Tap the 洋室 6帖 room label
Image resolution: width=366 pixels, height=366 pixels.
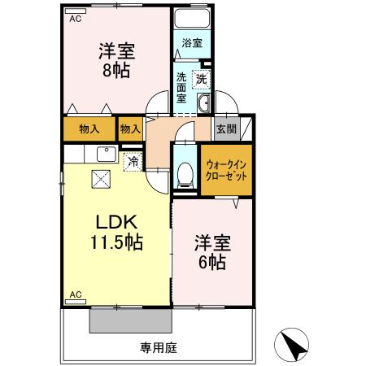tap(211, 252)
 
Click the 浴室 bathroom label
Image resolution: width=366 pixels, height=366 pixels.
tap(192, 42)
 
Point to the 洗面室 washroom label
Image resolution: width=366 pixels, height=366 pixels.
tap(181, 87)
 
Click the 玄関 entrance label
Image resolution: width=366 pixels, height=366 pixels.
tap(224, 128)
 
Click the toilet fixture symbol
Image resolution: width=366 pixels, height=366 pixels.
tap(185, 172)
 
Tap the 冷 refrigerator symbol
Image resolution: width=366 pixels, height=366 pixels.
tap(132, 160)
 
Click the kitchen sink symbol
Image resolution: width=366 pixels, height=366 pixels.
tap(105, 154)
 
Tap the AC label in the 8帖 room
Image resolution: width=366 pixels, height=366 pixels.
tap(75, 18)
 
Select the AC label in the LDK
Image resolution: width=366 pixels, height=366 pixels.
tap(76, 294)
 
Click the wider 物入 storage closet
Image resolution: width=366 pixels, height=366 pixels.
tap(89, 128)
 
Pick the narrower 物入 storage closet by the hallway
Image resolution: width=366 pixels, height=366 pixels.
tap(130, 128)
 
